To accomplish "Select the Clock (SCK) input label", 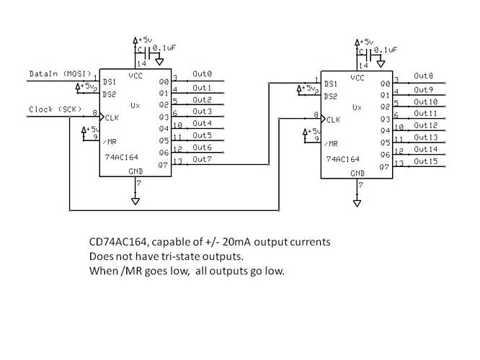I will pyautogui.click(x=54, y=109).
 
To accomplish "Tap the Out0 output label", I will pyautogui.click(x=202, y=74).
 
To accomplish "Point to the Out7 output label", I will pyautogui.click(x=202, y=158).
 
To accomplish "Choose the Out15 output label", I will pyautogui.click(x=425, y=161).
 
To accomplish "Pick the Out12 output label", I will pyautogui.click(x=425, y=125).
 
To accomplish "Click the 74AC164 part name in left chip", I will pyautogui.click(x=120, y=156).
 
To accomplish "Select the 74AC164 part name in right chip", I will pyautogui.click(x=342, y=158).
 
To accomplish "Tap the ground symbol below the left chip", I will pyautogui.click(x=135, y=202).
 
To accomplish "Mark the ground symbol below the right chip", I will pyautogui.click(x=356, y=204).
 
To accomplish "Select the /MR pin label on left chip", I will pyautogui.click(x=110, y=140).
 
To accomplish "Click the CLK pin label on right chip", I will pyautogui.click(x=332, y=120).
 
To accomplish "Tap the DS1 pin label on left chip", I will pyautogui.click(x=110, y=81).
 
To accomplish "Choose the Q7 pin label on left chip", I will pyautogui.click(x=163, y=164).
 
